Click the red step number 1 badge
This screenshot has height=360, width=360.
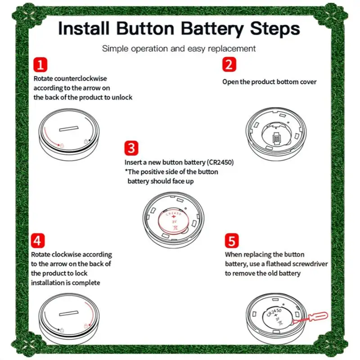[x=40, y=64]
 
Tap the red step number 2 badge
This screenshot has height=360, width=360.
[x=229, y=64]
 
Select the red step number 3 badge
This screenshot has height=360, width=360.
[x=131, y=148]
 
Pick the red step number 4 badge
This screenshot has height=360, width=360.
[x=38, y=241]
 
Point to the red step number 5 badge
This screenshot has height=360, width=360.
[x=232, y=241]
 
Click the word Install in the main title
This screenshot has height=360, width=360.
[x=84, y=28]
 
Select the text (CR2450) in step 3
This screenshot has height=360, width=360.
[x=220, y=162]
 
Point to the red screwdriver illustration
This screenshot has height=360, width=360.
[x=310, y=318]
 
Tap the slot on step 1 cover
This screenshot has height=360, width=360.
[x=69, y=129]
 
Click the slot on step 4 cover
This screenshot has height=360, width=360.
[x=69, y=313]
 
